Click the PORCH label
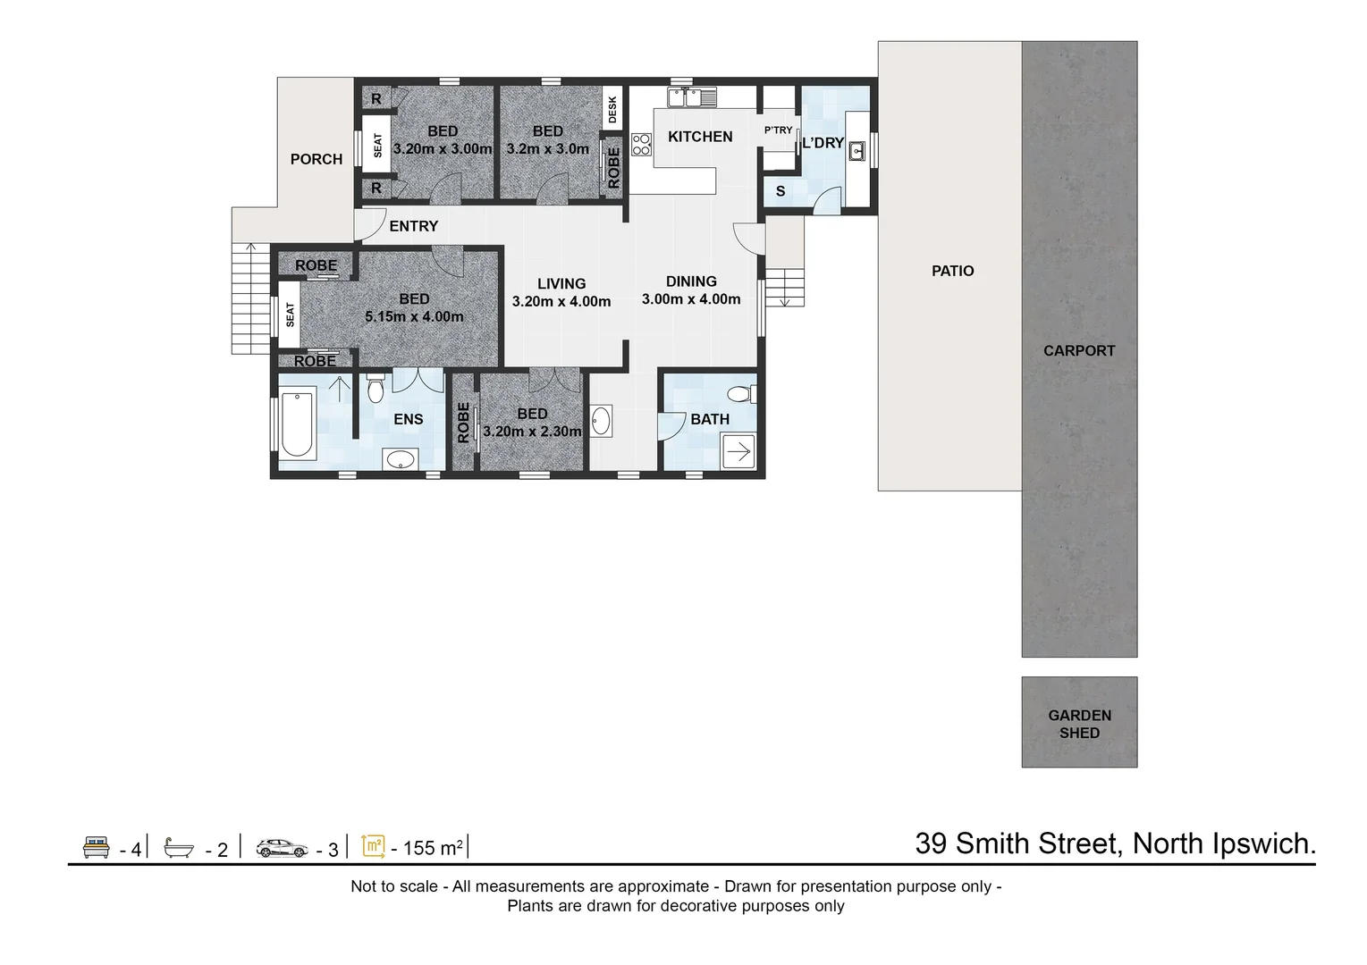click(x=316, y=159)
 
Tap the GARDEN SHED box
click(x=1079, y=723)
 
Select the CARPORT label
click(x=1079, y=351)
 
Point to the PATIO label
click(x=952, y=271)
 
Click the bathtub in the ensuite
click(x=296, y=424)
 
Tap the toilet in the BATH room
click(x=740, y=393)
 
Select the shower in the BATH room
click(x=738, y=452)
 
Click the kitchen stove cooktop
click(x=641, y=145)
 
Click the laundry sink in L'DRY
click(x=856, y=151)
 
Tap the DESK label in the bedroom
click(x=612, y=109)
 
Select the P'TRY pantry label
click(x=778, y=130)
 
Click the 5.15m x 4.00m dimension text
click(x=414, y=317)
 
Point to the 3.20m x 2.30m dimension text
click(x=532, y=432)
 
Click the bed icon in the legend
click(x=96, y=847)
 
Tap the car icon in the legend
click(x=282, y=847)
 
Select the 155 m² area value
click(x=433, y=848)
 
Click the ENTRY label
click(x=414, y=227)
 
